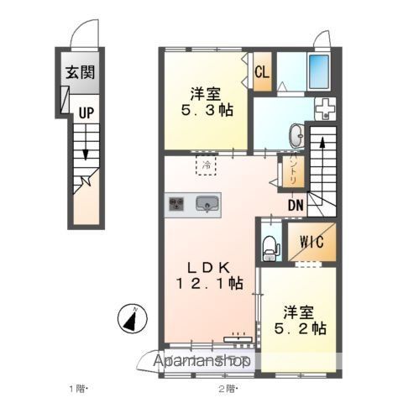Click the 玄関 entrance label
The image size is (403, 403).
[81, 71]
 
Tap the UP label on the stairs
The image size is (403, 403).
[86, 112]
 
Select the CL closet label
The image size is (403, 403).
[262, 71]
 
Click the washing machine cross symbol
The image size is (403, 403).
[323, 108]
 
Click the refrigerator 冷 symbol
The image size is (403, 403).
[206, 165]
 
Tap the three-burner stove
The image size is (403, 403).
[177, 203]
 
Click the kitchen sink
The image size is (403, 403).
[207, 203]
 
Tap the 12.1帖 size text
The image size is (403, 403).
[210, 285]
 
